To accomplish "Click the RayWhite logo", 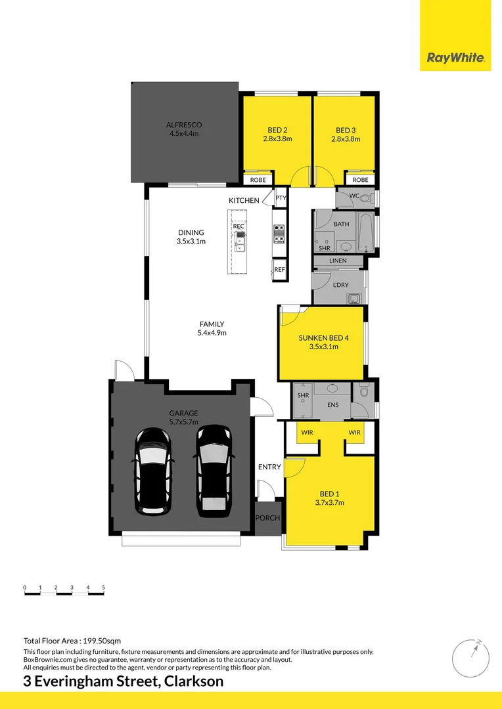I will coord(456,58).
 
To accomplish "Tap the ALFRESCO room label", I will coord(183,125).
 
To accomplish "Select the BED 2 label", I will coord(277,130).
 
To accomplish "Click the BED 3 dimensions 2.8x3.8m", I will coord(346,139).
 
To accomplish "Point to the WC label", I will coord(354,196).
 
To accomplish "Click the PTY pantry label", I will coord(281,198).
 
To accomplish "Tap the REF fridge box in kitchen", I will coord(280,270).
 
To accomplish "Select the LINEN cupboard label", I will coord(338,261).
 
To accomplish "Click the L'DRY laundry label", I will coord(340,285).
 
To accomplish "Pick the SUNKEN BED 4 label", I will coord(323,338).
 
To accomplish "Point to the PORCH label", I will coord(267,518).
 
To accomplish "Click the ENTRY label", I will coord(269,467).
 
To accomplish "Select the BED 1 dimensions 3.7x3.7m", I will coord(329,503).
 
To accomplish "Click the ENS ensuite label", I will coord(332,405).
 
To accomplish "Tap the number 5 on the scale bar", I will coord(104,587).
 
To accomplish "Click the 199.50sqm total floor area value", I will coord(101,641).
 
